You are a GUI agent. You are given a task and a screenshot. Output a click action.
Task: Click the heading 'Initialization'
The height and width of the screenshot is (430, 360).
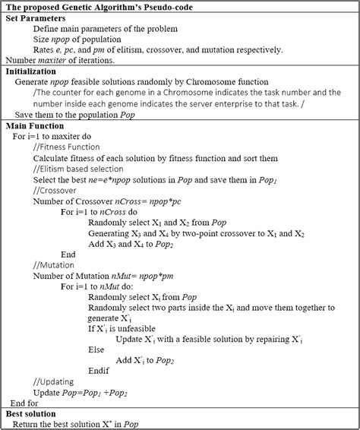33,71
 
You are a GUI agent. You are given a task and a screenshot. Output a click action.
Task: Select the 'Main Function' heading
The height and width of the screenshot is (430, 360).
38,125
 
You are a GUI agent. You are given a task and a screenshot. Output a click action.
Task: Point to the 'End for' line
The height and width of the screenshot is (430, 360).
27,402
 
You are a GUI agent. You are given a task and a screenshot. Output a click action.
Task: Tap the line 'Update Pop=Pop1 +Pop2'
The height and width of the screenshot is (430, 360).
84,391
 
